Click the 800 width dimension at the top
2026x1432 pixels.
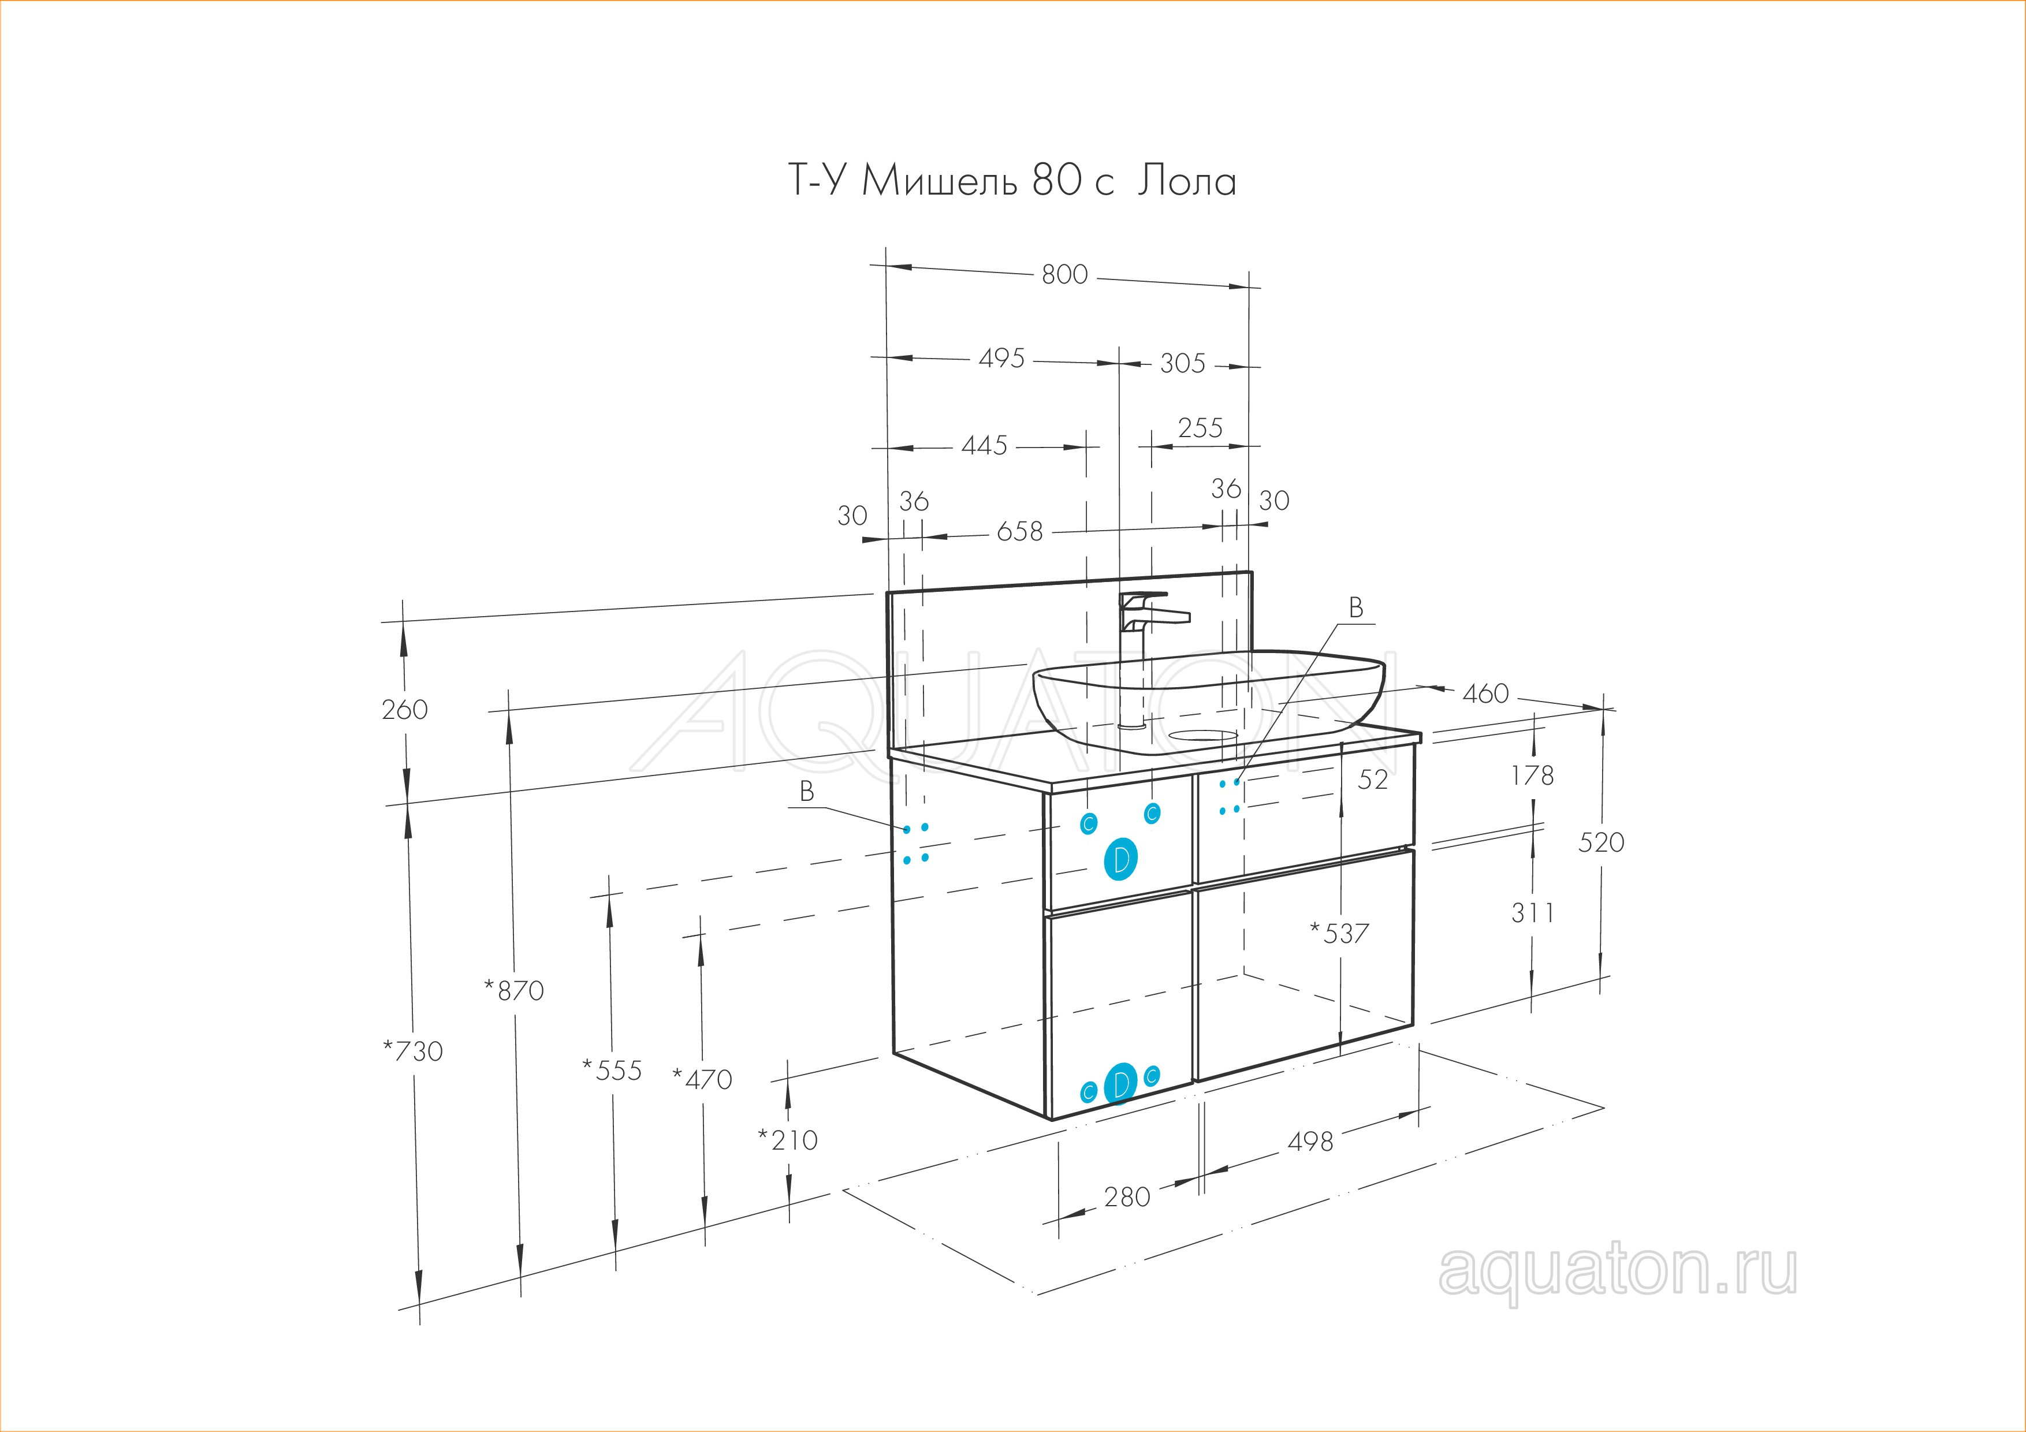pyautogui.click(x=1064, y=275)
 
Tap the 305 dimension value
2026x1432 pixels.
pyautogui.click(x=1182, y=364)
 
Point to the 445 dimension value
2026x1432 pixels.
pyautogui.click(x=984, y=446)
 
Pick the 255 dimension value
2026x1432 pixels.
pyautogui.click(x=1200, y=428)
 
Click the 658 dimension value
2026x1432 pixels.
pyautogui.click(x=1019, y=532)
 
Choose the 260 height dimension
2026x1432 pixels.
pyautogui.click(x=404, y=710)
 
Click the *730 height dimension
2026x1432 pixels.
pyautogui.click(x=413, y=1051)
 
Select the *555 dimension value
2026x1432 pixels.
pyautogui.click(x=612, y=1071)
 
